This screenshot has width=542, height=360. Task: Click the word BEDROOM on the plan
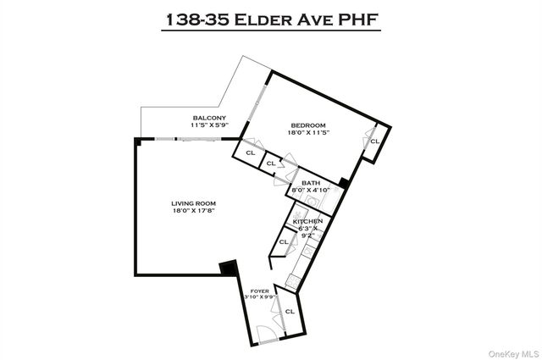(307, 126)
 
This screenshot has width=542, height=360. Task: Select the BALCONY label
(208, 117)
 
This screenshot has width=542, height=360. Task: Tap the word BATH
(310, 183)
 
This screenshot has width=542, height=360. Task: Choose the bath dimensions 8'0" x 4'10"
(310, 191)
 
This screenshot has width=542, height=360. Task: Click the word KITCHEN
(307, 222)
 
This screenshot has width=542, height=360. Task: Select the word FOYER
(259, 290)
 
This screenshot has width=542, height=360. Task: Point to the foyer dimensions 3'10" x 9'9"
(259, 296)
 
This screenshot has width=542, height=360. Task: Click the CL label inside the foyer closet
(290, 311)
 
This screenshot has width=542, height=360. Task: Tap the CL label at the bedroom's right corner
(373, 141)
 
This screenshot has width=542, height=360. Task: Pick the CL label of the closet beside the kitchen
(283, 241)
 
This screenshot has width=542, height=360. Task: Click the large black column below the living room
(228, 269)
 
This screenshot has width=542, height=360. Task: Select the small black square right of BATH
(342, 182)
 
